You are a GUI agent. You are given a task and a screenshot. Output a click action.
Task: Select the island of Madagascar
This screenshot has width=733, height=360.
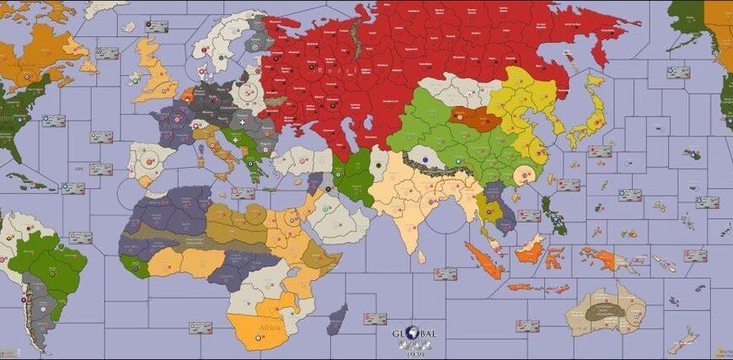point(337,319)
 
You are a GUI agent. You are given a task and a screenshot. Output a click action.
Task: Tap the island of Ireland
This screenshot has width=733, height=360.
point(135,78)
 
